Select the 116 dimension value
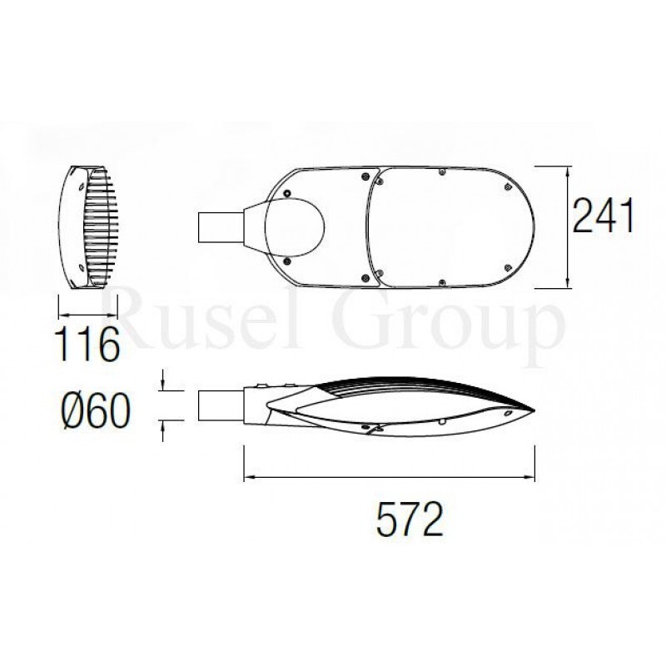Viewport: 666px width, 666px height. pyautogui.click(x=83, y=345)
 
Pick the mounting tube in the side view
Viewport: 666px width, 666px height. pyautogui.click(x=218, y=405)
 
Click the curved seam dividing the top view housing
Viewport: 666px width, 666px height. pyautogui.click(x=371, y=225)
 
